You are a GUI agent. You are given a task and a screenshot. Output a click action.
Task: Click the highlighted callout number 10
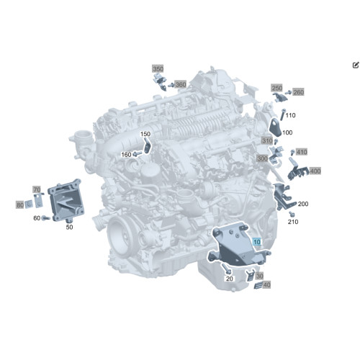[x=257, y=242]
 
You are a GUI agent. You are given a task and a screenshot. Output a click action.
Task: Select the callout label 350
[x=158, y=69]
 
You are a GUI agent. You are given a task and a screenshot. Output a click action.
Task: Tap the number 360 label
[x=181, y=84]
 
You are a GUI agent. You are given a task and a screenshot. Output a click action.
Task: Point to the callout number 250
[x=276, y=88]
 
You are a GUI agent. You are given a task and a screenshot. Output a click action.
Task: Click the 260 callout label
[x=298, y=92]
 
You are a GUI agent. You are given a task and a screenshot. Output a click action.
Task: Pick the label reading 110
[x=290, y=115]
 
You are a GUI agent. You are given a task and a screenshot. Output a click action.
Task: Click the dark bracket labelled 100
[x=275, y=127]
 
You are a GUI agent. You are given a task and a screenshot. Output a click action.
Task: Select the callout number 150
[x=145, y=134]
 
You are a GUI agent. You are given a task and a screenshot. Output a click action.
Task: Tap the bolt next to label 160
[x=138, y=153]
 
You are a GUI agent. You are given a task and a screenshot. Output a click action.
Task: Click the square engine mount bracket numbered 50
[x=66, y=199]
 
